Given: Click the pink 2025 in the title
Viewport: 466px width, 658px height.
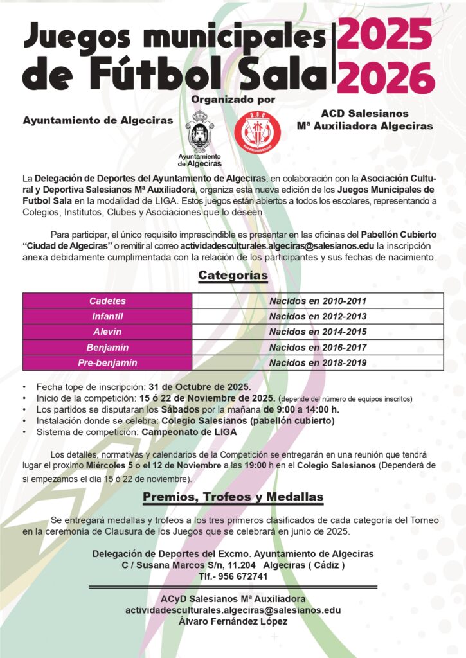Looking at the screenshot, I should click(x=385, y=34).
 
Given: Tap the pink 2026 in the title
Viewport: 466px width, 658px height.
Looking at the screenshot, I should click(x=385, y=78).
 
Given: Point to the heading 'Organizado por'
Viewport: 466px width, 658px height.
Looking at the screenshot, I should click(x=233, y=100).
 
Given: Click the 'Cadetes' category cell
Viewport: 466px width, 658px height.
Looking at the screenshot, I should click(x=107, y=301).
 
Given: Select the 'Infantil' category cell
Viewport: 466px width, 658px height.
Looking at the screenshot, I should click(x=107, y=316).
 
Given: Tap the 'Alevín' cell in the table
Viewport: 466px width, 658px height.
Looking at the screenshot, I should click(x=107, y=332).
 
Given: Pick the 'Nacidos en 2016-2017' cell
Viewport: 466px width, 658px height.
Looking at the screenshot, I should click(x=318, y=348).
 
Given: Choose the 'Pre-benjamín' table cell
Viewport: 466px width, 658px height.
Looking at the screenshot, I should click(x=107, y=363).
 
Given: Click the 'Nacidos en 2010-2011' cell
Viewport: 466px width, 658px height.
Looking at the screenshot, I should click(x=318, y=301).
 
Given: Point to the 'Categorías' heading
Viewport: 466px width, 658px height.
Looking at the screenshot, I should click(x=233, y=276).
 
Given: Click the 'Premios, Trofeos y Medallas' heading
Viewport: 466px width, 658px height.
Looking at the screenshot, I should click(x=233, y=497).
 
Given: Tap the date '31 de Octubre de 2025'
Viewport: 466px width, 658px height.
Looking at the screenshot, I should click(x=199, y=387).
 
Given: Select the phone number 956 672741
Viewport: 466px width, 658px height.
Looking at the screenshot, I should click(x=244, y=576).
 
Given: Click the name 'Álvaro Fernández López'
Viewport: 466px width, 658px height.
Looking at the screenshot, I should click(x=233, y=621).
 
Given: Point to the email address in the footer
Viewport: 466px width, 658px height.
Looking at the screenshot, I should click(x=233, y=610).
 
